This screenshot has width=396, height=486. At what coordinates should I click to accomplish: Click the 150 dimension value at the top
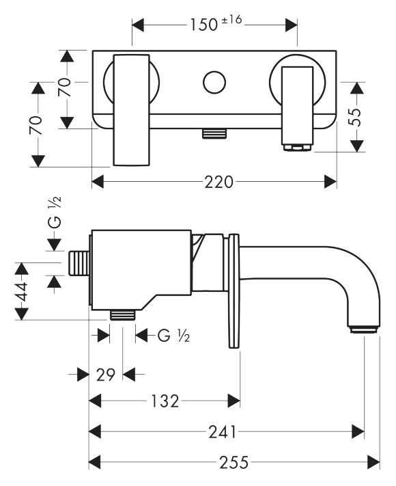[x=203, y=25]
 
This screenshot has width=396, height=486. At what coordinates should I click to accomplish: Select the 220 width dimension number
[x=218, y=182]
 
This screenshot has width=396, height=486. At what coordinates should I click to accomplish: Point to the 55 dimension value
[x=356, y=117]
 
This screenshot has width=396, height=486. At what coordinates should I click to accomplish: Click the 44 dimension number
[x=22, y=291]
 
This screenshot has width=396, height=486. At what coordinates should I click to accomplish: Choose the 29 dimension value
[x=105, y=375]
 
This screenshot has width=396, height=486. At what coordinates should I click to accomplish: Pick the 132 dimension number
[x=165, y=401]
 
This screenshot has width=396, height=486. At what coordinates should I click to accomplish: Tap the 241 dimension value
[x=223, y=432]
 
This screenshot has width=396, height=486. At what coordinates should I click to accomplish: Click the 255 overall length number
[x=234, y=463]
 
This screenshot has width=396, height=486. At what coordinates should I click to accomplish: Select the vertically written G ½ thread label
[x=55, y=213]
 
